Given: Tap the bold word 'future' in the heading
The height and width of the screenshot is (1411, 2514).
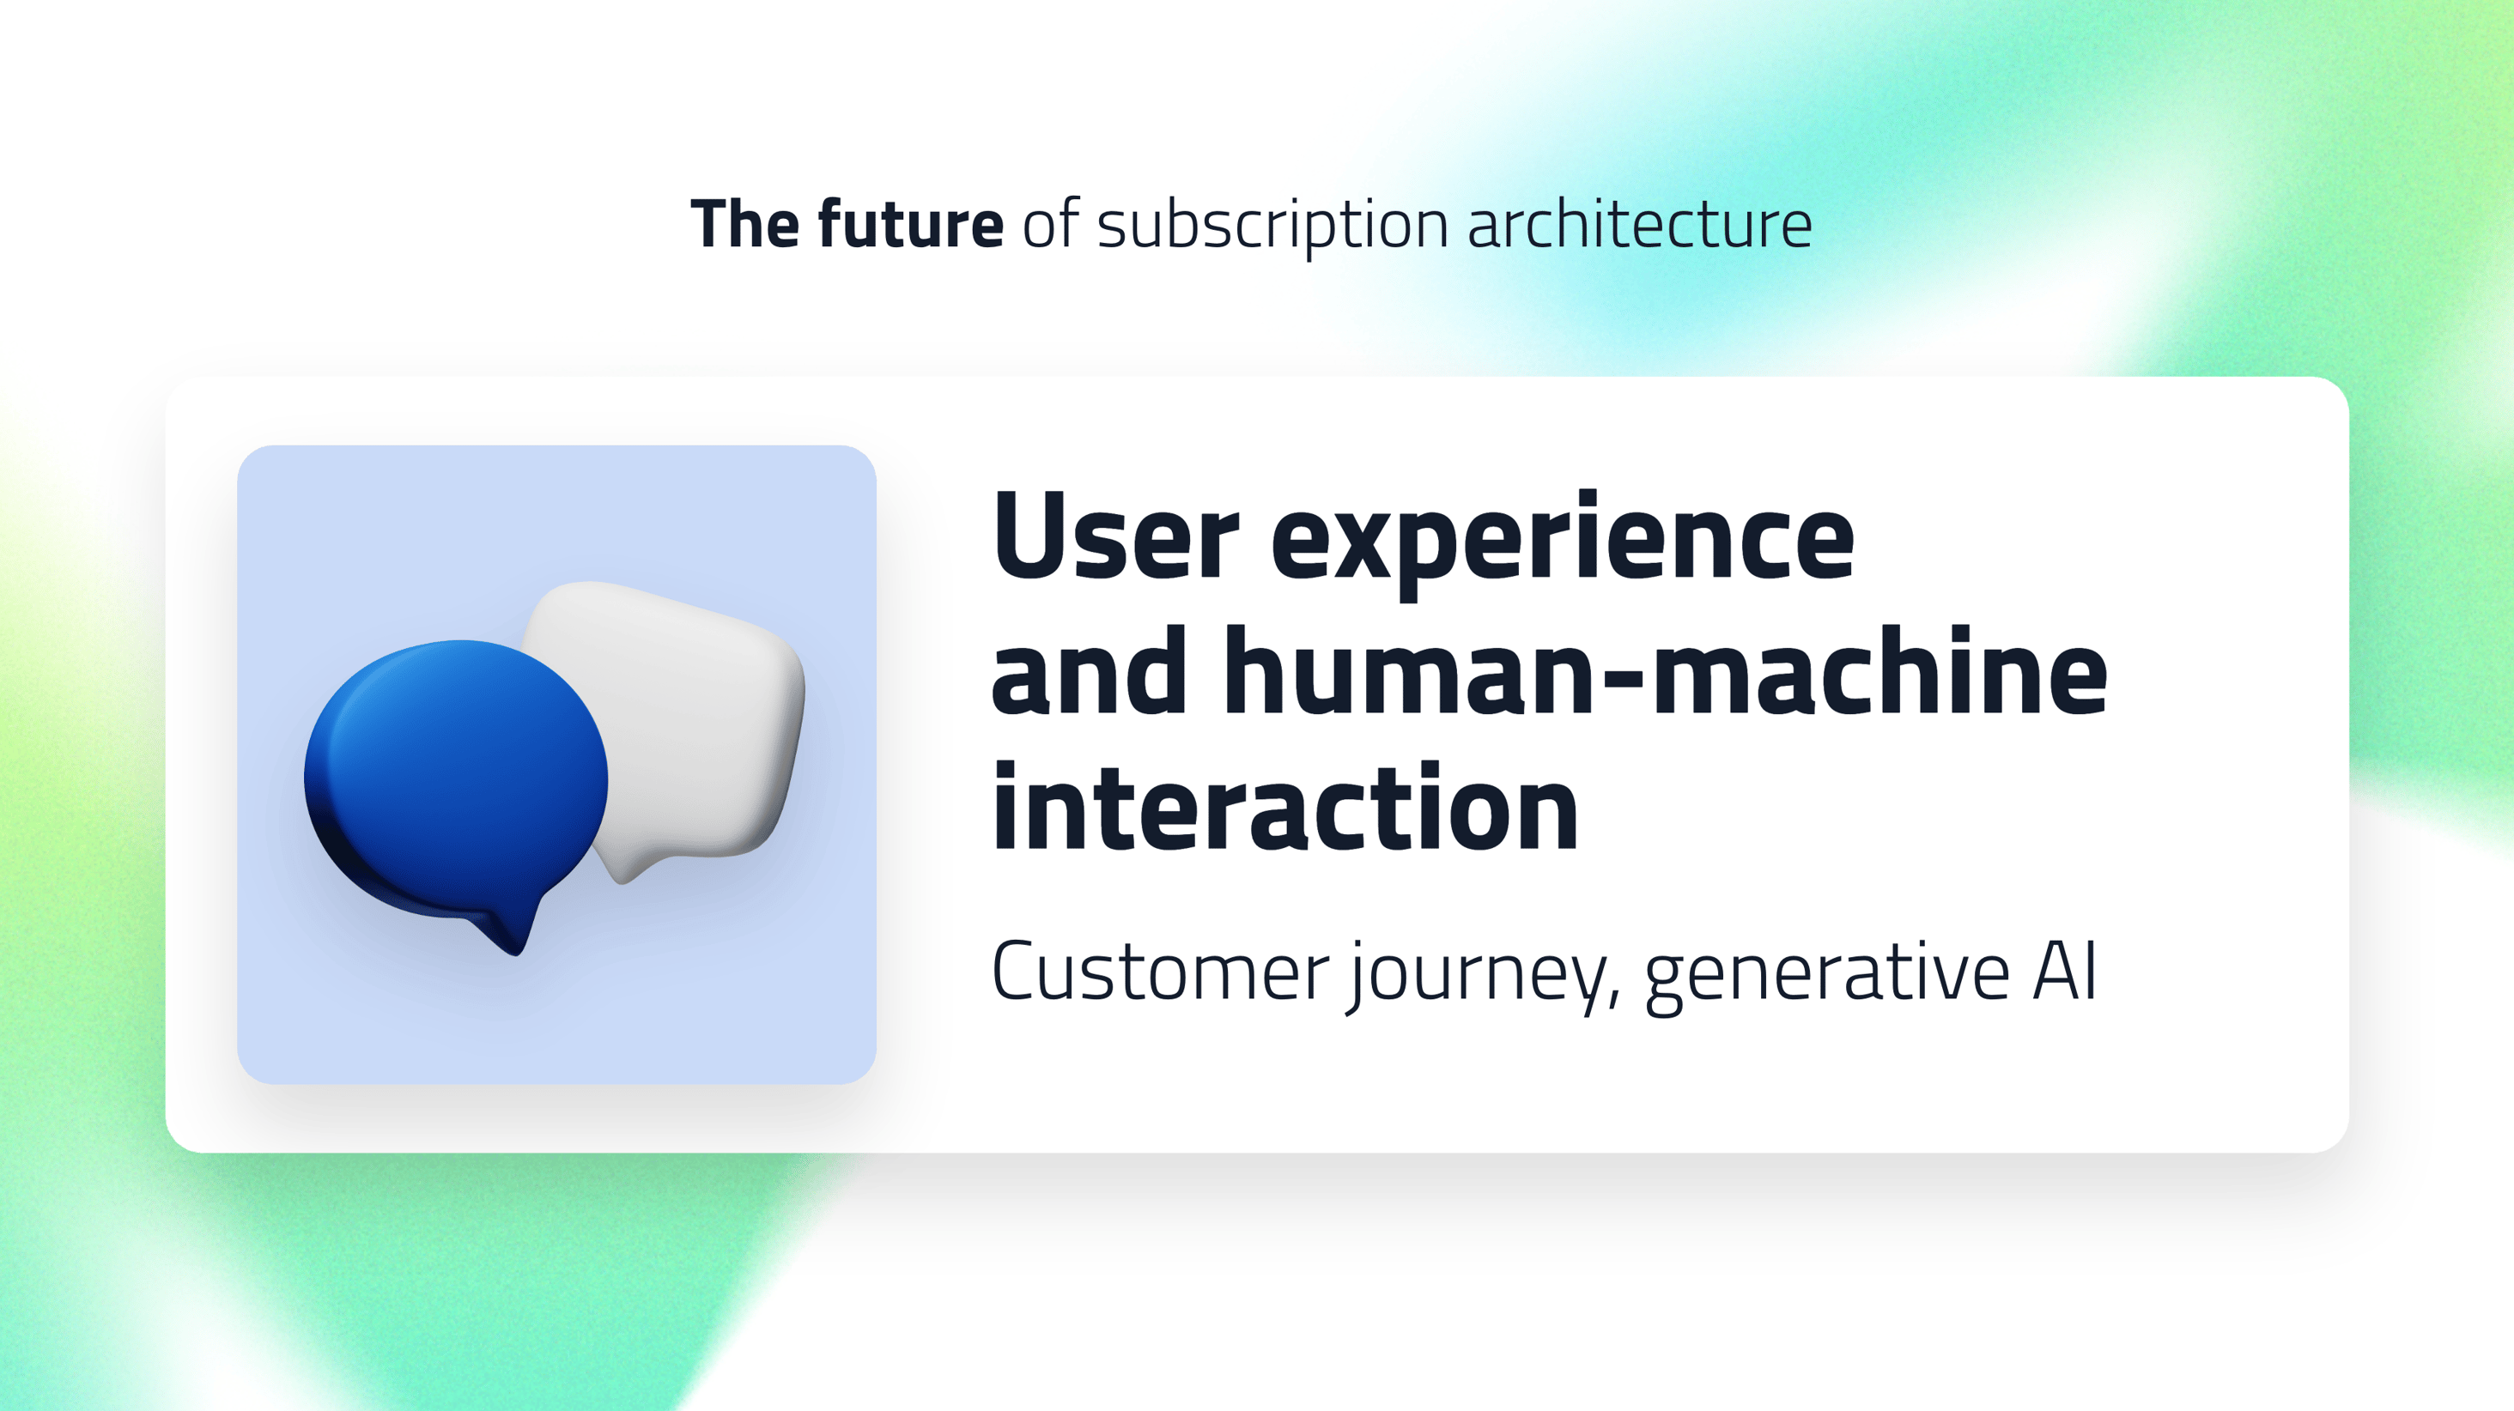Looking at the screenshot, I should click(910, 224).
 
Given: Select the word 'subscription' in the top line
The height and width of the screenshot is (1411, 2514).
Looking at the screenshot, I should click(1272, 227).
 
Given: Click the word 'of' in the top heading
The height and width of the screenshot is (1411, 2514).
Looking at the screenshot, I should click(1050, 224).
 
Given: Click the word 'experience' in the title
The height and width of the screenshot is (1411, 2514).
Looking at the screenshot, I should click(1562, 542).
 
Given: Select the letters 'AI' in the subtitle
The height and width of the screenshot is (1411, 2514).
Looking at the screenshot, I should click(2064, 972).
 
